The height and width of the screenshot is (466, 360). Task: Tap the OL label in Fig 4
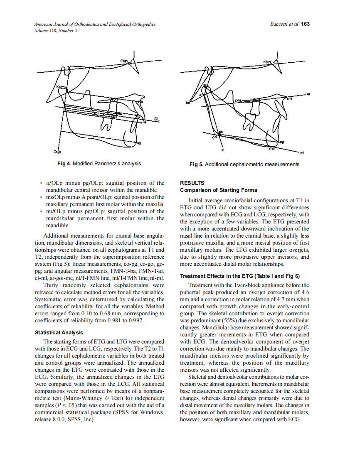coord(157,119)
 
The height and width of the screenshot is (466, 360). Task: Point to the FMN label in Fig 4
coord(124,61)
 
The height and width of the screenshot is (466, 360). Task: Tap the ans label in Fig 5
coord(290,99)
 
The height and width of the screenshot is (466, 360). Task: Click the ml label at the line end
coord(302,153)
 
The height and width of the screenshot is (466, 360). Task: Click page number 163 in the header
coord(306,24)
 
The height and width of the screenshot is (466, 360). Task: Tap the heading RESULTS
coord(192,183)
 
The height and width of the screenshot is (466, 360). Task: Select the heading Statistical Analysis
coord(59,333)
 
